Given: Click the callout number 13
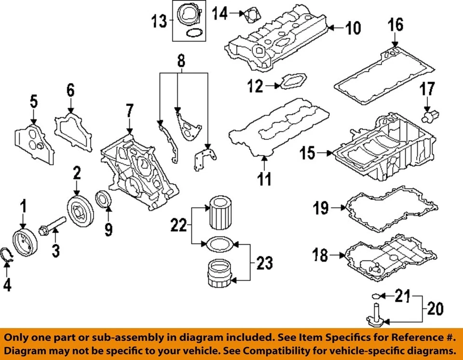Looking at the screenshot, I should click(159, 21).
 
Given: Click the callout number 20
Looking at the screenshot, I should click(436, 307).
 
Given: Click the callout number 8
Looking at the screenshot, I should click(180, 61).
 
